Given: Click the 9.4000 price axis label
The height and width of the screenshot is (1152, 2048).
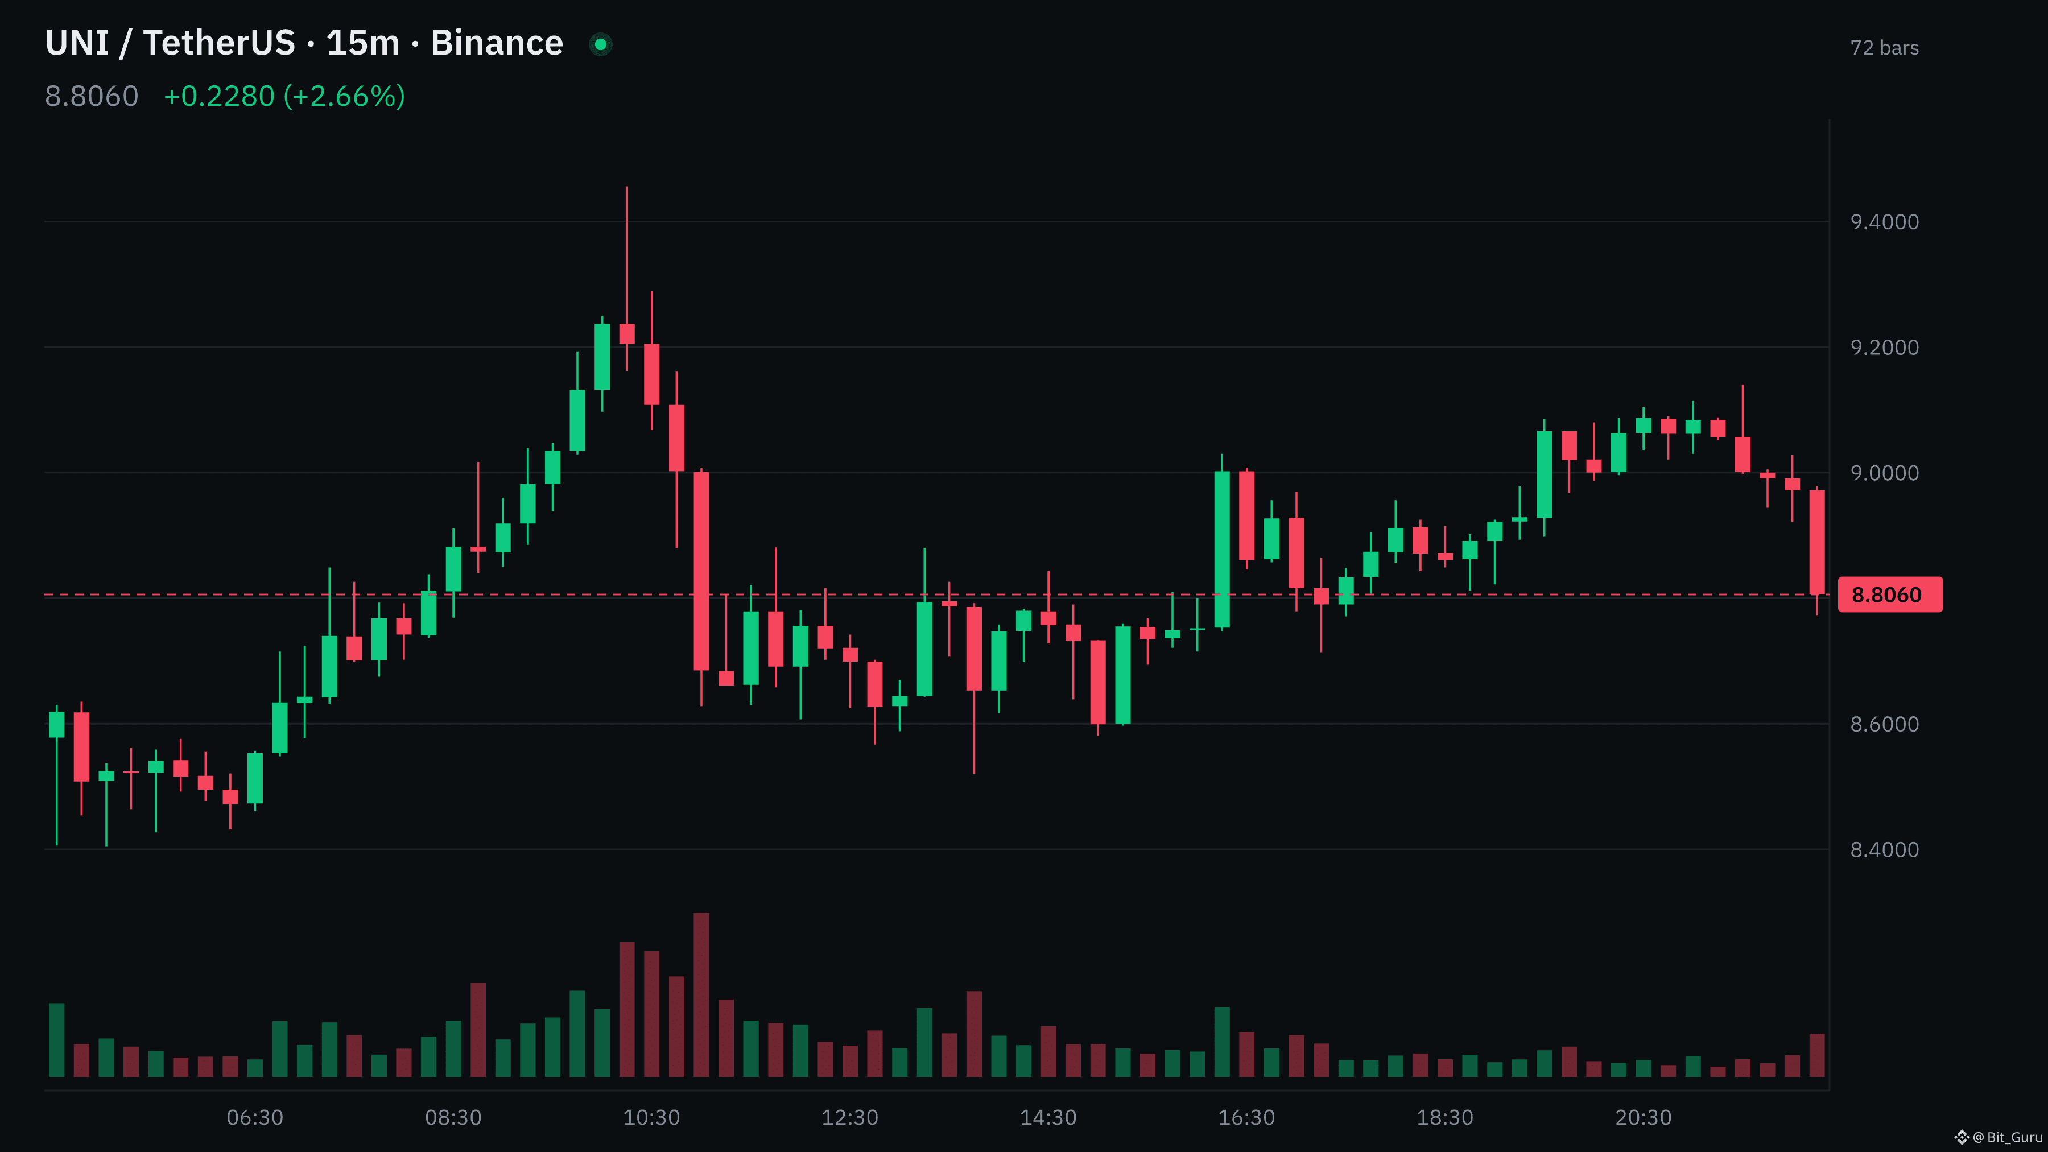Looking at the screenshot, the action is coord(1884,222).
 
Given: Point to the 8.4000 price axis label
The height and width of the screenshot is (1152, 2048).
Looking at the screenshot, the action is coord(1884,849).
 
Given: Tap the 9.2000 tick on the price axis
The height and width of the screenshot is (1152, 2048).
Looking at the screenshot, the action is coord(1884,348).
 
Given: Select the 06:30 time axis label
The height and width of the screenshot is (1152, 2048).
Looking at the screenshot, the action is coord(254,1117).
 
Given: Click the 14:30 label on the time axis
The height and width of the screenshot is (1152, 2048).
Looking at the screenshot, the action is coord(1048,1117).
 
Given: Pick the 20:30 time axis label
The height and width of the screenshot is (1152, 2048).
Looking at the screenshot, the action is coord(1644,1117).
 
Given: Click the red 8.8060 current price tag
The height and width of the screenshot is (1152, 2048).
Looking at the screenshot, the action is coord(1890,594).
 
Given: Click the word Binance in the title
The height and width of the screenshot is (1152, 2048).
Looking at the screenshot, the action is coord(497,43).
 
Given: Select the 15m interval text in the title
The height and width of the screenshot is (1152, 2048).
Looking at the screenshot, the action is coord(362,43).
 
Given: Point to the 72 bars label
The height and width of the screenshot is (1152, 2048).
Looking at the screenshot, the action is coord(1884,48).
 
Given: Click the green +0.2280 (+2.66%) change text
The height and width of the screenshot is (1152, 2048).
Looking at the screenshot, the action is coord(284,96).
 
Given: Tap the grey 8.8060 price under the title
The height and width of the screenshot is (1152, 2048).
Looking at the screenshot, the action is coord(92,96).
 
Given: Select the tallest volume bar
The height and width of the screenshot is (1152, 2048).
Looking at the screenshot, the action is coord(701,994).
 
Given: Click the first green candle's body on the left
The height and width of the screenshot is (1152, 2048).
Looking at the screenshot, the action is coord(56,724).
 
